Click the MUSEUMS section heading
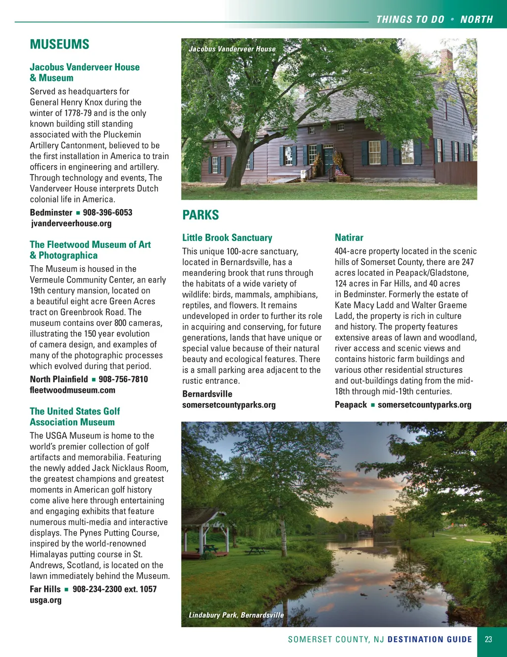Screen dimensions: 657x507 point(59,45)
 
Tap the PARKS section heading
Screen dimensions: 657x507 point(201,215)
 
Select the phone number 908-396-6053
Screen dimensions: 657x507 point(107,213)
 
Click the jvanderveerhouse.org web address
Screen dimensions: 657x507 point(71,224)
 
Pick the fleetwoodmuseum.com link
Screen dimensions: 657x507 point(72,390)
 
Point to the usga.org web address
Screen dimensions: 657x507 point(46,600)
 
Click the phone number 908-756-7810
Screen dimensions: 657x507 point(123,379)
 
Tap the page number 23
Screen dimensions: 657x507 point(488,640)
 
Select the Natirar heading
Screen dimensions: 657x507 point(349,238)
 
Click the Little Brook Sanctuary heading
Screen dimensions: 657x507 point(227,238)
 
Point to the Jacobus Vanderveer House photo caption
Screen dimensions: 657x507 point(232,49)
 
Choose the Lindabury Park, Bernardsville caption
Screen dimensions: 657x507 point(236,615)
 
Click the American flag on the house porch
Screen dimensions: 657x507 point(340,172)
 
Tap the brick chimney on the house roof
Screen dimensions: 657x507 point(446,59)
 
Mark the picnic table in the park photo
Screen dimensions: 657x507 point(257,550)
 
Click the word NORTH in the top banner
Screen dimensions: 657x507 point(476,20)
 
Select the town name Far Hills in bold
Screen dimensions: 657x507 point(45,590)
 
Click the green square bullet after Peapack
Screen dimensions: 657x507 point(372,405)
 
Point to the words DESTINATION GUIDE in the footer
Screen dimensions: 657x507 point(430,640)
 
